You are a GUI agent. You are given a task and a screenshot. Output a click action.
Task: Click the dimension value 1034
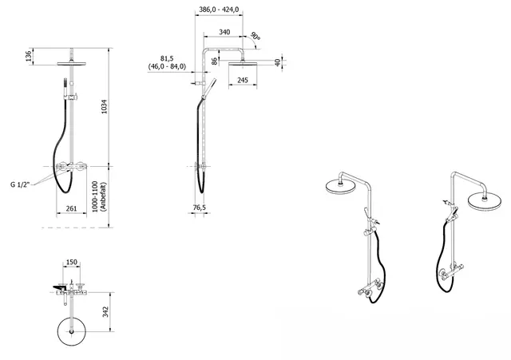tap(105, 106)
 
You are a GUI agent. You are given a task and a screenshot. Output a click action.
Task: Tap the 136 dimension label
tap(29, 56)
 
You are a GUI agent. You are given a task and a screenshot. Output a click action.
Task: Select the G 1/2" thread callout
tap(20, 184)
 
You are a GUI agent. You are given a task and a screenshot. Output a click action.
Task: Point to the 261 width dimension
tap(71, 208)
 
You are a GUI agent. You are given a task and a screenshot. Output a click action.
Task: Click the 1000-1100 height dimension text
tap(95, 197)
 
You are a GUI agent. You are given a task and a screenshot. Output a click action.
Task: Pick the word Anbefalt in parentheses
tap(103, 197)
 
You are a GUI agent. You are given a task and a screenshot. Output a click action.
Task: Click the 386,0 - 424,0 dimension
tap(219, 10)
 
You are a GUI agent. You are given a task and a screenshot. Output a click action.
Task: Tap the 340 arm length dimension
tap(224, 32)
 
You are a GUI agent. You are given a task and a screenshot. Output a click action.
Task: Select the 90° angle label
tap(255, 36)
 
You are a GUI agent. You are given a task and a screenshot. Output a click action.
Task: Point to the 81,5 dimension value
tap(167, 58)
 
